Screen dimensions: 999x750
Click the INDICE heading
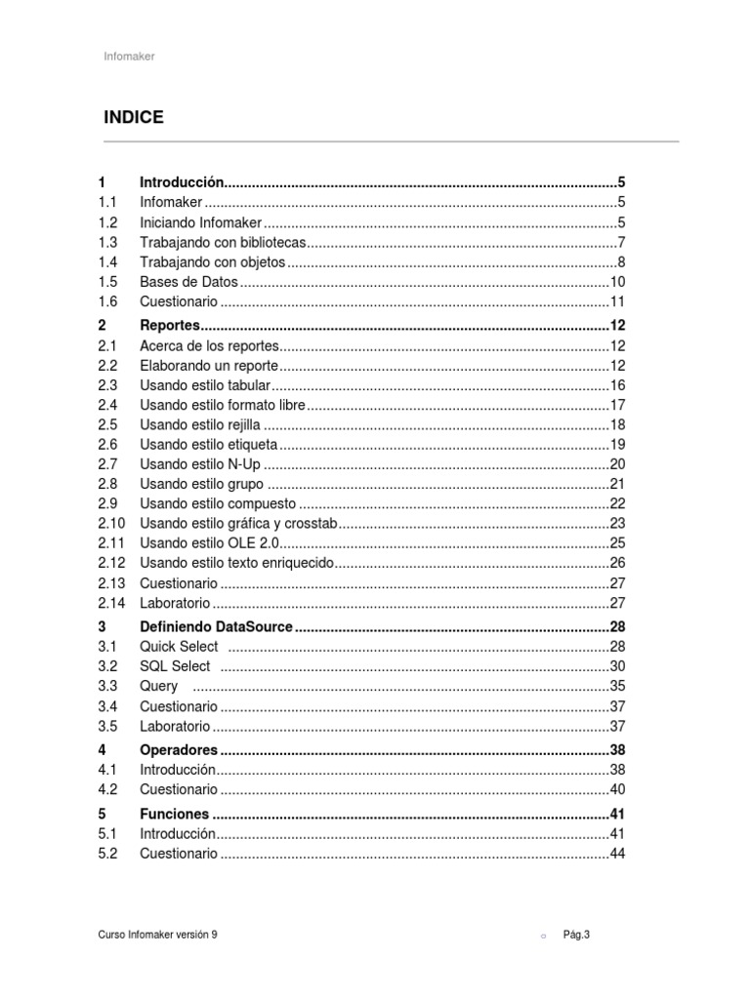[134, 118]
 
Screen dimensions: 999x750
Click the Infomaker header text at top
[129, 57]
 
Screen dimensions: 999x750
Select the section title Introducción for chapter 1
[182, 182]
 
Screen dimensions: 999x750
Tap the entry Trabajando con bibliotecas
[224, 242]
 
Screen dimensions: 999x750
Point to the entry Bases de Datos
[188, 282]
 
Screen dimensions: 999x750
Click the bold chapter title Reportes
[170, 325]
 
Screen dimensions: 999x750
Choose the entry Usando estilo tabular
[205, 385]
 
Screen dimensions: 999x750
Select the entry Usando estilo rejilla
[201, 424]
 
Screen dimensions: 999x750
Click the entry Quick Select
[179, 647]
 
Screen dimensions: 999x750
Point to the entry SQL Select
[175, 666]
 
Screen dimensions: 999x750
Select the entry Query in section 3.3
[159, 686]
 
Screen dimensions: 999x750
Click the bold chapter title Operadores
[180, 750]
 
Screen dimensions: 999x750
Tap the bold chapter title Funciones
[174, 814]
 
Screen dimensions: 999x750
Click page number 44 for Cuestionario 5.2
[616, 854]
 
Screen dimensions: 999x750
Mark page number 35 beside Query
[616, 686]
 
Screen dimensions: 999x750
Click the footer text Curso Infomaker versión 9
[157, 934]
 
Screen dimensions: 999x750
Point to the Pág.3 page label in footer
[576, 934]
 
